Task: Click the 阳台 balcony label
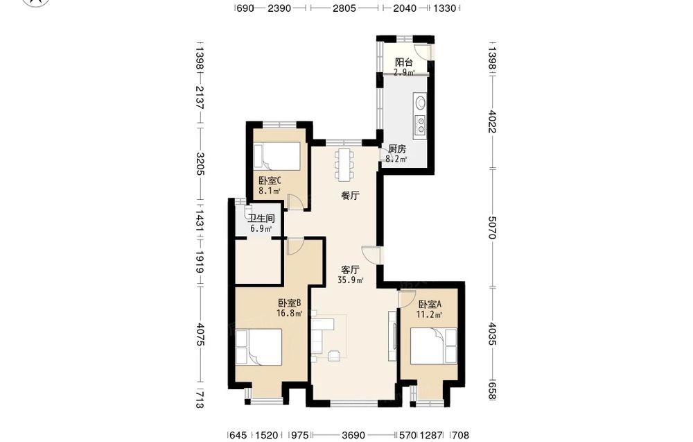(x=403, y=62)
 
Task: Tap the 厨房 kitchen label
(x=397, y=148)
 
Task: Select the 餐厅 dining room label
(x=350, y=196)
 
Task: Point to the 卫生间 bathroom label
(x=261, y=219)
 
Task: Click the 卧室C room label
(x=270, y=181)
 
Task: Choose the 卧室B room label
(x=290, y=303)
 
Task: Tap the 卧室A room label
(x=430, y=305)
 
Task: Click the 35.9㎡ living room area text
(x=351, y=280)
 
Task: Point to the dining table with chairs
(x=344, y=164)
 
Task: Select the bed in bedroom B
(x=258, y=347)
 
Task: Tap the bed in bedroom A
(x=434, y=346)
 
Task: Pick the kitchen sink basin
(x=421, y=103)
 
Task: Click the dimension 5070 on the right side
(x=492, y=228)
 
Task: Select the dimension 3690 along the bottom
(x=353, y=436)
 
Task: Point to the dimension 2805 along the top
(x=344, y=8)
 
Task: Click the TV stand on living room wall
(x=392, y=336)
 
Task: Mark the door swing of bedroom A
(x=404, y=298)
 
